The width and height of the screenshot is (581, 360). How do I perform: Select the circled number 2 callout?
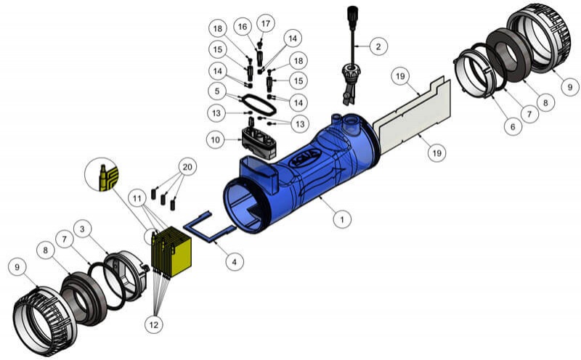(x=378, y=47)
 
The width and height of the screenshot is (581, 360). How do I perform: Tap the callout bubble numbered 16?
(x=242, y=26)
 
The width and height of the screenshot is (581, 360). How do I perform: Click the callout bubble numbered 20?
(x=188, y=167)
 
